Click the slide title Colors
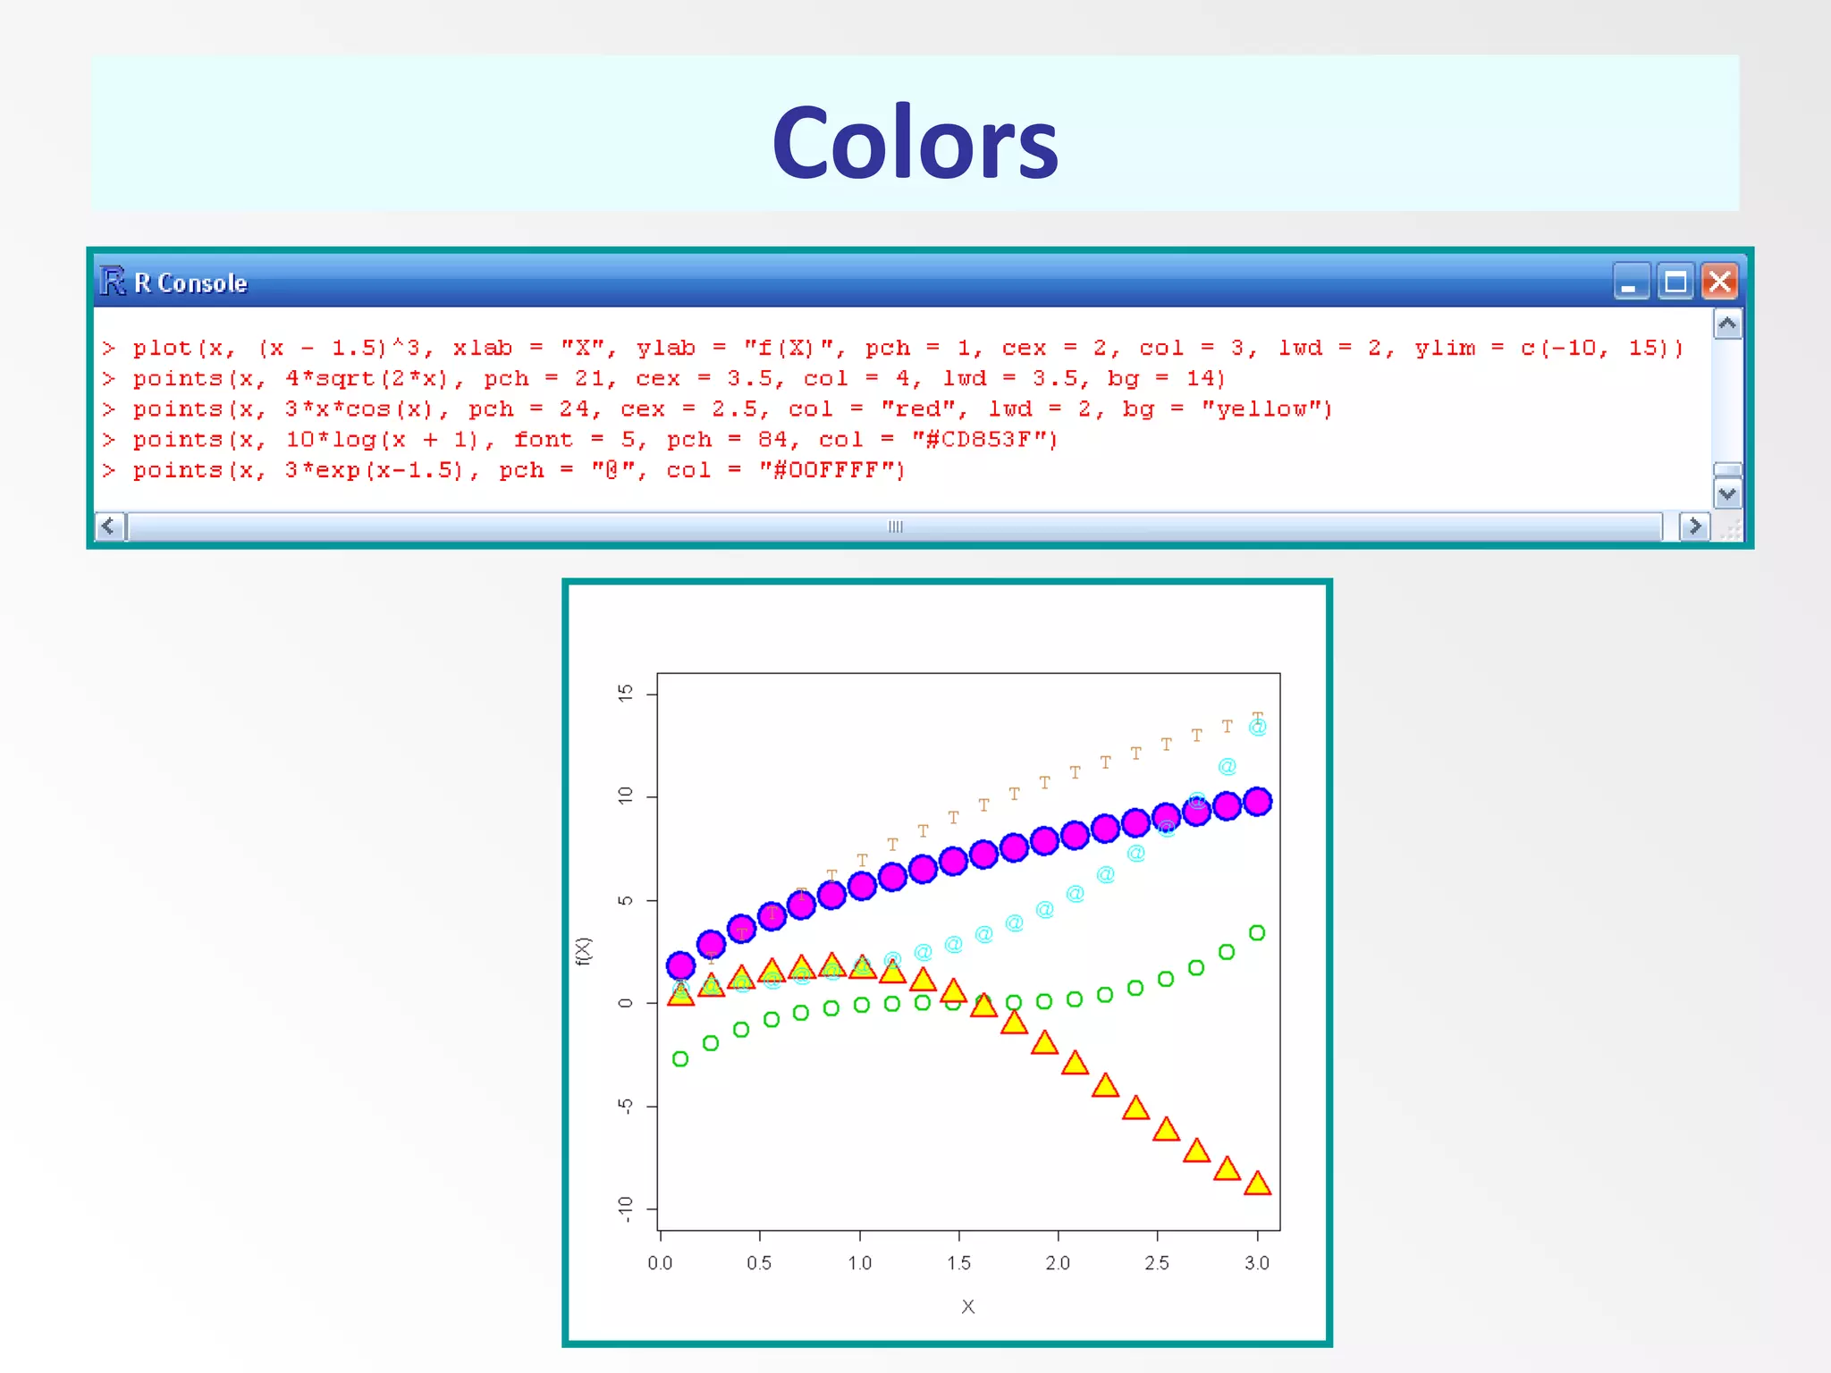[915, 143]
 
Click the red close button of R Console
[1719, 282]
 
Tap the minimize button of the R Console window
[1632, 282]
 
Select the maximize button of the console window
[1675, 282]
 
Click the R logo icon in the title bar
[113, 281]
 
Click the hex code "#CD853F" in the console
[983, 440]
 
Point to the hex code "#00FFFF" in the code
[831, 470]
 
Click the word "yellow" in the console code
[1266, 409]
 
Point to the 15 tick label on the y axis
[625, 693]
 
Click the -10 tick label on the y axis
[625, 1209]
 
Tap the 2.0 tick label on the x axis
[1058, 1262]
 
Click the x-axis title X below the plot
[968, 1307]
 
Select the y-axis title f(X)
[584, 951]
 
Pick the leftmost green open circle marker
[680, 1059]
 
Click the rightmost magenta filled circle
[1257, 802]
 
